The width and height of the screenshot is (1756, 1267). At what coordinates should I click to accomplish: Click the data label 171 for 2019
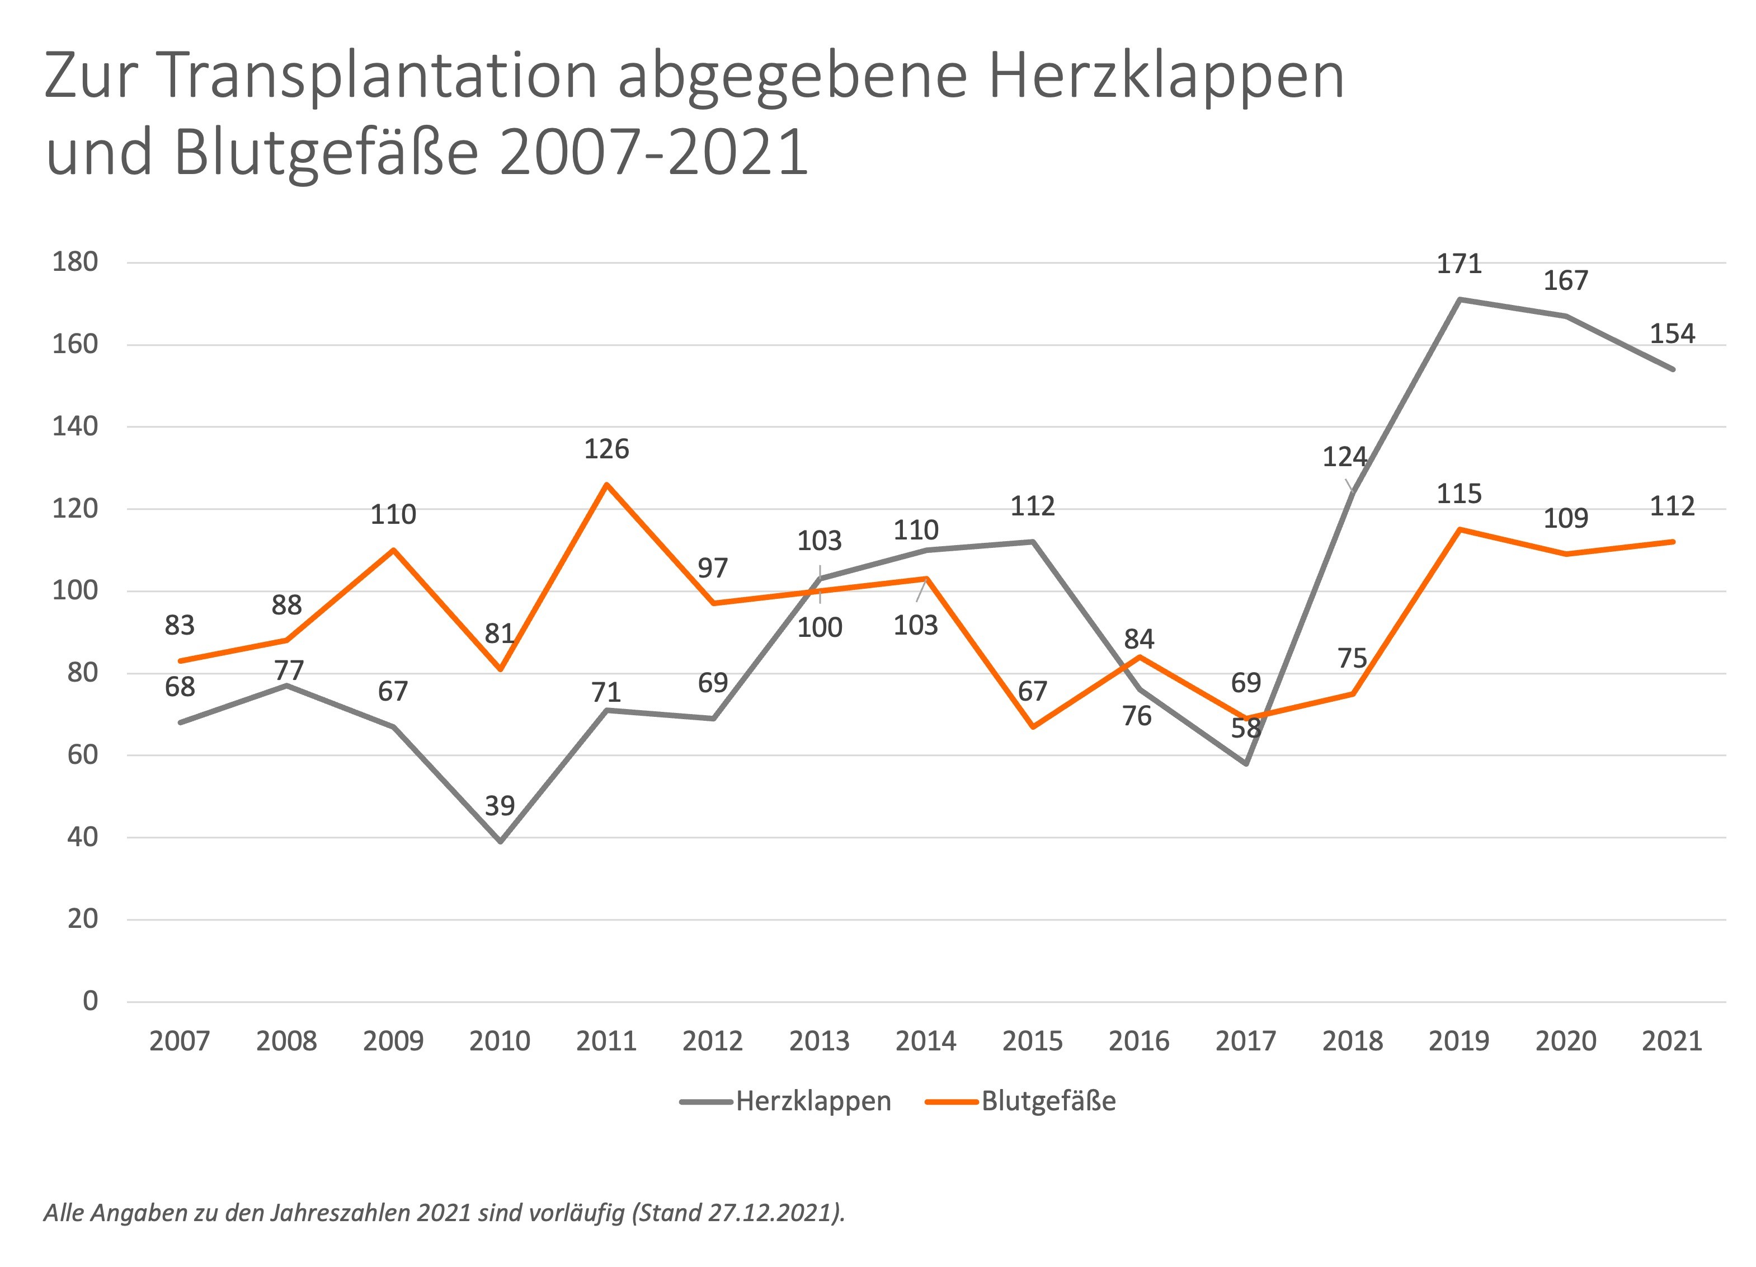1459,264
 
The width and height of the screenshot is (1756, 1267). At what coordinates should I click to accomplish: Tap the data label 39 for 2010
500,805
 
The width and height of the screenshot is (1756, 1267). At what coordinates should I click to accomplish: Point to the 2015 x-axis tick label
1032,1041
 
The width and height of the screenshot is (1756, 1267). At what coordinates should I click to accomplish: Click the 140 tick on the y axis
75,426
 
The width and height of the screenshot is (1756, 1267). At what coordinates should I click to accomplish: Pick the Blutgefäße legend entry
1021,1101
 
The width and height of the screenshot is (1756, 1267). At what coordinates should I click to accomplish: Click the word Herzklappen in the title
1166,76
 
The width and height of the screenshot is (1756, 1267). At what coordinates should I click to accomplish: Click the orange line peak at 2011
606,485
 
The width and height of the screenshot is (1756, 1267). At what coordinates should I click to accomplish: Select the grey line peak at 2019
1459,299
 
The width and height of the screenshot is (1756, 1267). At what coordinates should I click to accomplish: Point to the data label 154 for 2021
1673,334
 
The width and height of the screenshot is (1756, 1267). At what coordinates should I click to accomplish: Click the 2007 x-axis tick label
180,1041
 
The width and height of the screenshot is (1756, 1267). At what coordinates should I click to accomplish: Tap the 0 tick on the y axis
91,1001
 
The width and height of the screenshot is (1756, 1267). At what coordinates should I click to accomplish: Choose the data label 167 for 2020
1566,280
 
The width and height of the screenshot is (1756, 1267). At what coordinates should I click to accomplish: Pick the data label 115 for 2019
1459,494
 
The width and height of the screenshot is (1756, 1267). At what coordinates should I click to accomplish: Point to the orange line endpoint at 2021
1673,542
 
